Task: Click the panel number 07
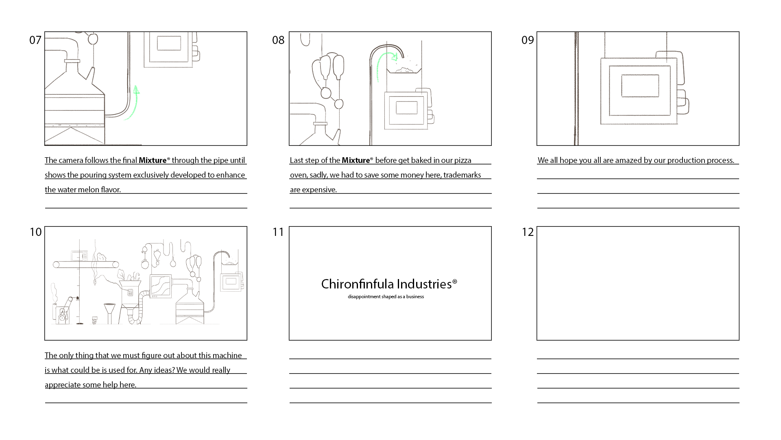point(35,40)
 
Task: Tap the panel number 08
point(278,40)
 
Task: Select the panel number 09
point(528,40)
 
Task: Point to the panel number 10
point(36,232)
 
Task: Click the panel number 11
point(278,232)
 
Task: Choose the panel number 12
point(528,232)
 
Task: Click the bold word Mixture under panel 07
point(153,160)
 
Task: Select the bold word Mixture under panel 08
point(356,160)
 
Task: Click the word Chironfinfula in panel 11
point(357,284)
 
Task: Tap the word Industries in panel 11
point(424,284)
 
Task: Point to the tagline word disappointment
point(364,297)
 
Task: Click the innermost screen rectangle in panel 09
point(640,86)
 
